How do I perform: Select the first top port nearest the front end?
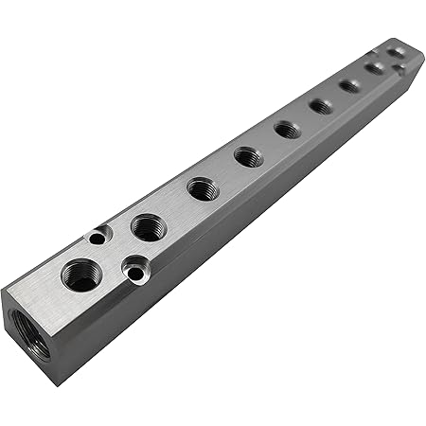click(82, 275)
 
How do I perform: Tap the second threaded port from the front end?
click(149, 227)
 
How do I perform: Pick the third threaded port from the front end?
click(203, 188)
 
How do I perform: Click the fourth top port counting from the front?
click(249, 155)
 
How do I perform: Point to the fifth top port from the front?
click(288, 129)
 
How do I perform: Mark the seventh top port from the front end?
click(350, 85)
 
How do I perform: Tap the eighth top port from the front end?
click(375, 67)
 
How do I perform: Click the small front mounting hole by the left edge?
click(98, 240)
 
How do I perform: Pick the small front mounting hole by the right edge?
click(137, 273)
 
